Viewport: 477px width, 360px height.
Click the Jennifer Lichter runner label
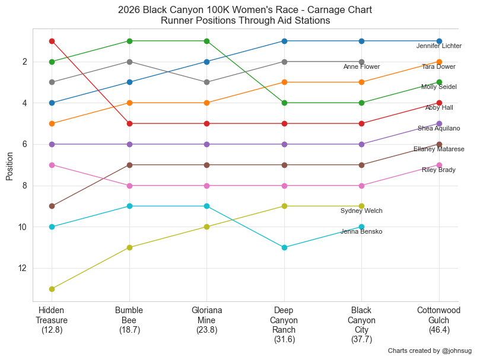438,46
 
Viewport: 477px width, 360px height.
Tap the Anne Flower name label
361,66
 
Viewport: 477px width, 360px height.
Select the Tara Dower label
438,66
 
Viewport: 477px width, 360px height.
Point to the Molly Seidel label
438,87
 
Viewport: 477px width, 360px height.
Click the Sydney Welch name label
361,211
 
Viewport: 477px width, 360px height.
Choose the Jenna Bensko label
361,232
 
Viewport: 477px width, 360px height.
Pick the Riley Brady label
438,170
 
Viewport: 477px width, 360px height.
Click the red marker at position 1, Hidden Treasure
52,41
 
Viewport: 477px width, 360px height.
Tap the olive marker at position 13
52,289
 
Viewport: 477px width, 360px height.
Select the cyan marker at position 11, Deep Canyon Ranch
284,247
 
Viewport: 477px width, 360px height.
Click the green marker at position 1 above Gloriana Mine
206,41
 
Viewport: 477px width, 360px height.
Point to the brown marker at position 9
52,206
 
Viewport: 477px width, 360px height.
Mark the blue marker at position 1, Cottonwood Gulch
439,41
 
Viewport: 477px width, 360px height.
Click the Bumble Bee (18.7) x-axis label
129,320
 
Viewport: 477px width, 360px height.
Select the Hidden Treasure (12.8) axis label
52,320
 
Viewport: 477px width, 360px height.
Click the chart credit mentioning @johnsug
430,351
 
